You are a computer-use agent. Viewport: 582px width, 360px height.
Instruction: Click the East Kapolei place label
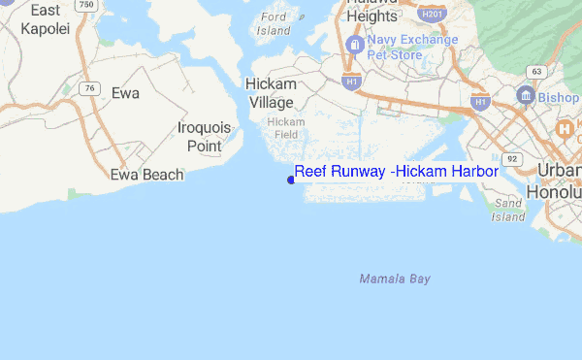coord(46,18)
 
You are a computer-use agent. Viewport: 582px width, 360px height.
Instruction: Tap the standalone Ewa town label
coord(125,93)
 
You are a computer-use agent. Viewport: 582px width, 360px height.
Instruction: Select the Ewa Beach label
coord(146,175)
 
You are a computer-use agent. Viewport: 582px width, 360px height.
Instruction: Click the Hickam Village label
coord(271,93)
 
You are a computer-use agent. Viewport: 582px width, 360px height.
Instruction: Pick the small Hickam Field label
coord(286,127)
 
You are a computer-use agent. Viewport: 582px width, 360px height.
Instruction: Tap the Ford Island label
coord(275,23)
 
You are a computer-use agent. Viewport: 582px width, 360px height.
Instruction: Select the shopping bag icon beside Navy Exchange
coord(354,45)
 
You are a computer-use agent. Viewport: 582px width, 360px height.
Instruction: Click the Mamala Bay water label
coord(395,278)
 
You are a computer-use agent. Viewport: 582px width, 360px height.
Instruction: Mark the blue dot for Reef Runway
coord(291,179)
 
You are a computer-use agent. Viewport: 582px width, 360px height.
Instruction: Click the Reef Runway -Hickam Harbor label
coord(396,171)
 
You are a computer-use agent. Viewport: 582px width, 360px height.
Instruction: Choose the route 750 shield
coord(87,5)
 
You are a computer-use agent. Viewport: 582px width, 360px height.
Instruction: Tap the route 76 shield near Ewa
coord(90,88)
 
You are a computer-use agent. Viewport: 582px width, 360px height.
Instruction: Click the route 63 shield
coord(534,71)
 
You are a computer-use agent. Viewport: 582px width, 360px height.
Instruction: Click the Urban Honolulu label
coord(556,180)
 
